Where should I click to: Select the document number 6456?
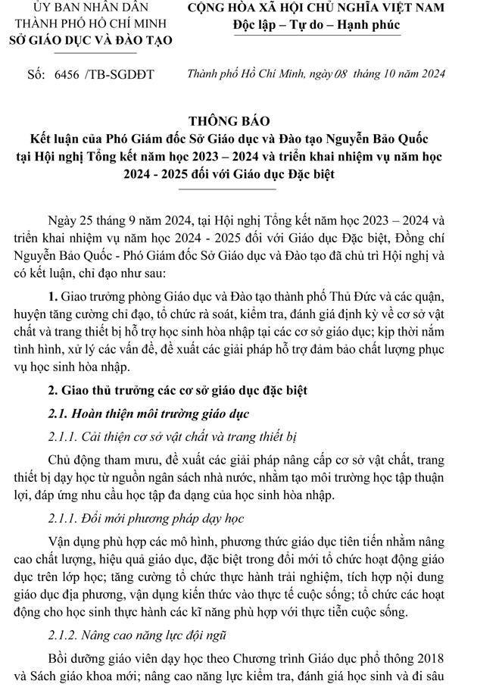(68, 74)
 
